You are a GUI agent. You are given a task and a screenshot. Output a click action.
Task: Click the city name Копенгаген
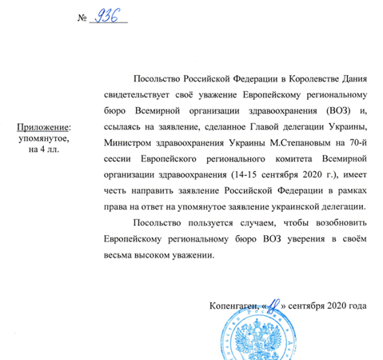click(x=235, y=306)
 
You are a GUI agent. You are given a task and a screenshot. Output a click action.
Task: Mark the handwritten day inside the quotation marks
click(x=277, y=303)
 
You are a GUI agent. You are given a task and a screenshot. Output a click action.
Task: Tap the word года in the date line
click(x=355, y=306)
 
